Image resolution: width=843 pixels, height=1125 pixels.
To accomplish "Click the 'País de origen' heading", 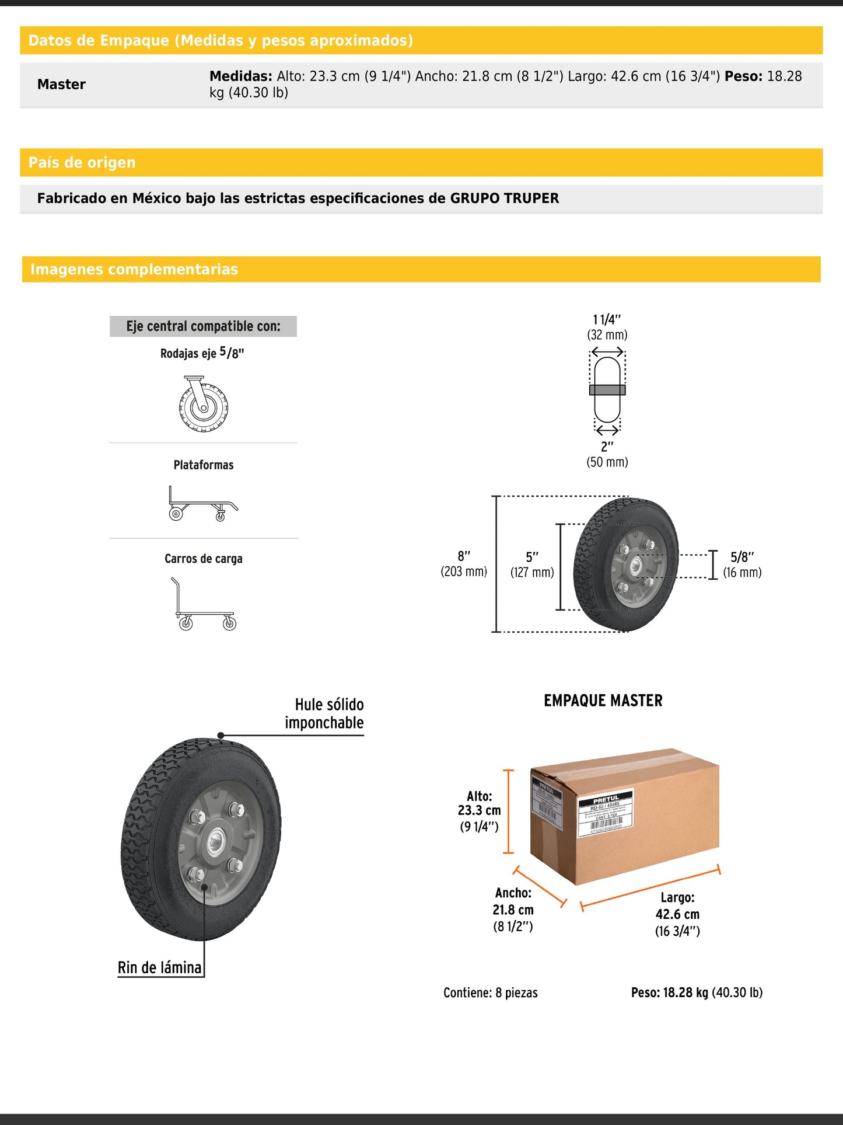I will click(x=82, y=162).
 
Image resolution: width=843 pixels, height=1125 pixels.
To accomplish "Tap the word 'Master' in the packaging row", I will click(x=61, y=85).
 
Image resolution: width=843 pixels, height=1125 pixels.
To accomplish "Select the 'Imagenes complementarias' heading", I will click(x=134, y=269).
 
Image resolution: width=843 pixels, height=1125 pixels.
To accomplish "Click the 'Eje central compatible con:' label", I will click(x=203, y=326).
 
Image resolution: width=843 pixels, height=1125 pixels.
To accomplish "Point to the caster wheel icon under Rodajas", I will click(x=203, y=404).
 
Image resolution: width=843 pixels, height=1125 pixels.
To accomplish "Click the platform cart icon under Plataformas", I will click(x=202, y=503).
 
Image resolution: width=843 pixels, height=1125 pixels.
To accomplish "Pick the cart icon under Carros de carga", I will click(x=204, y=604).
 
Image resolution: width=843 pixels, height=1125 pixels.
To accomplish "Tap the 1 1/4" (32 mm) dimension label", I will click(x=607, y=327).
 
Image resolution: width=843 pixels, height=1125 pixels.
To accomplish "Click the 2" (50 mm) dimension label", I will click(x=607, y=454).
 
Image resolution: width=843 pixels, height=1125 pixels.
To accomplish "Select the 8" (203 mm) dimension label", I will click(x=464, y=564).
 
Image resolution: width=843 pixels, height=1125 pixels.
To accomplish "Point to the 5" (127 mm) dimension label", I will click(x=532, y=565).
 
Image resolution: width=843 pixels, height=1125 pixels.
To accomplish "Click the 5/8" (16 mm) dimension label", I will click(x=742, y=565).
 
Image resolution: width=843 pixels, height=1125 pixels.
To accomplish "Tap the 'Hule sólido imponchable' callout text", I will click(x=325, y=713).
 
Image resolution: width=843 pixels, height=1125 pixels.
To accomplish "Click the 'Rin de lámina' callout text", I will click(x=160, y=967).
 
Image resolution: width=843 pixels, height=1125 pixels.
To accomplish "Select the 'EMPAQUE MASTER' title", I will click(x=603, y=701).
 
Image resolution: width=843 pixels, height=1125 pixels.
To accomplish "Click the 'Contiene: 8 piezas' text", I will click(x=491, y=992).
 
